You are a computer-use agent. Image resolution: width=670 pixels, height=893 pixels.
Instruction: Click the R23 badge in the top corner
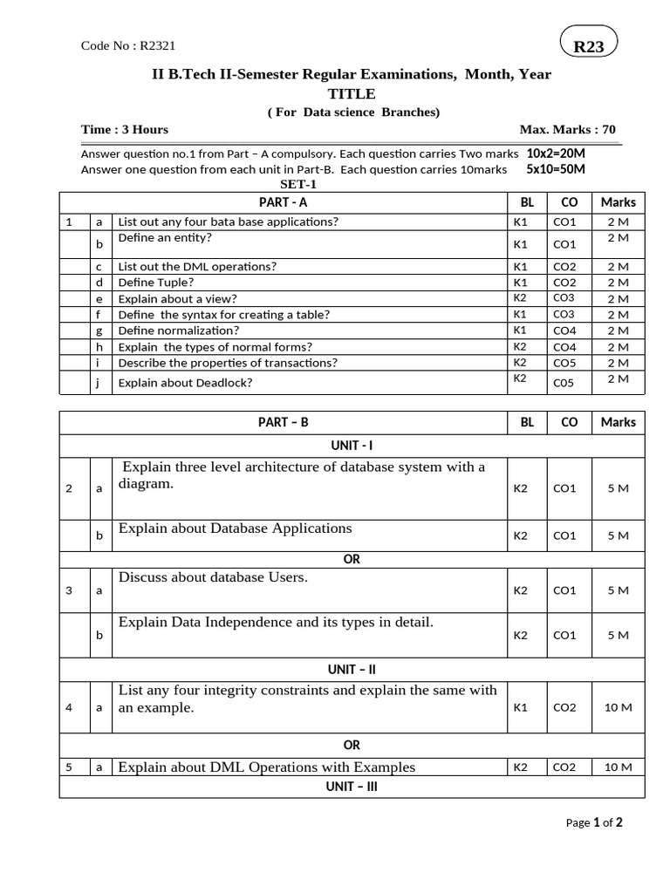588,46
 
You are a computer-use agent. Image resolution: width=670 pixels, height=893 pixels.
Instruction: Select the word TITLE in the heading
352,93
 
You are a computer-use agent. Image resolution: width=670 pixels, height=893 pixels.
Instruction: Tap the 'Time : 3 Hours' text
125,129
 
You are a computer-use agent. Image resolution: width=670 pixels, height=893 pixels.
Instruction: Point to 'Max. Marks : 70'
567,129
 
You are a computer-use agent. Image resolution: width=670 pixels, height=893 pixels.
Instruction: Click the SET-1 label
298,185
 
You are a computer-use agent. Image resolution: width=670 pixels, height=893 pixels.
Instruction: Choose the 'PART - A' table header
284,202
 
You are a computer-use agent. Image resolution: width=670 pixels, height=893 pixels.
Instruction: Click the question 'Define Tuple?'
156,283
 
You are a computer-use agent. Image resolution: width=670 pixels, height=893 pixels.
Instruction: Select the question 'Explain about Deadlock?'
186,382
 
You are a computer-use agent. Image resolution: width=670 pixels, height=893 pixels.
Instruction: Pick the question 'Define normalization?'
179,331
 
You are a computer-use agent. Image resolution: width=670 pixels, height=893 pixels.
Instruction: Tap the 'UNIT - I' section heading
352,445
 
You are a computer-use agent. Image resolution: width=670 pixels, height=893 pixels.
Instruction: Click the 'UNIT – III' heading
352,786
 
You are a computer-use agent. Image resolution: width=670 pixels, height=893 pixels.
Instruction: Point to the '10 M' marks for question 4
618,707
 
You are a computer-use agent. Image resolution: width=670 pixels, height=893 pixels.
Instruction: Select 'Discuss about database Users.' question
213,577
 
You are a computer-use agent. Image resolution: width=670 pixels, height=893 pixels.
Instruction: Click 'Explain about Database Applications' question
235,528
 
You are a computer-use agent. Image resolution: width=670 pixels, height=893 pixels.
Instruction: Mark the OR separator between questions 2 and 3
352,559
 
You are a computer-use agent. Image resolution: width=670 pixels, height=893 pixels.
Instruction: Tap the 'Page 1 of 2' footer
593,822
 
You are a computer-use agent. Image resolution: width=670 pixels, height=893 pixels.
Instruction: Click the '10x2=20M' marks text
556,153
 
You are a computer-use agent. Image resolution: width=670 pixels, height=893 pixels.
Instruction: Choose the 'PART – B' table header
284,422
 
